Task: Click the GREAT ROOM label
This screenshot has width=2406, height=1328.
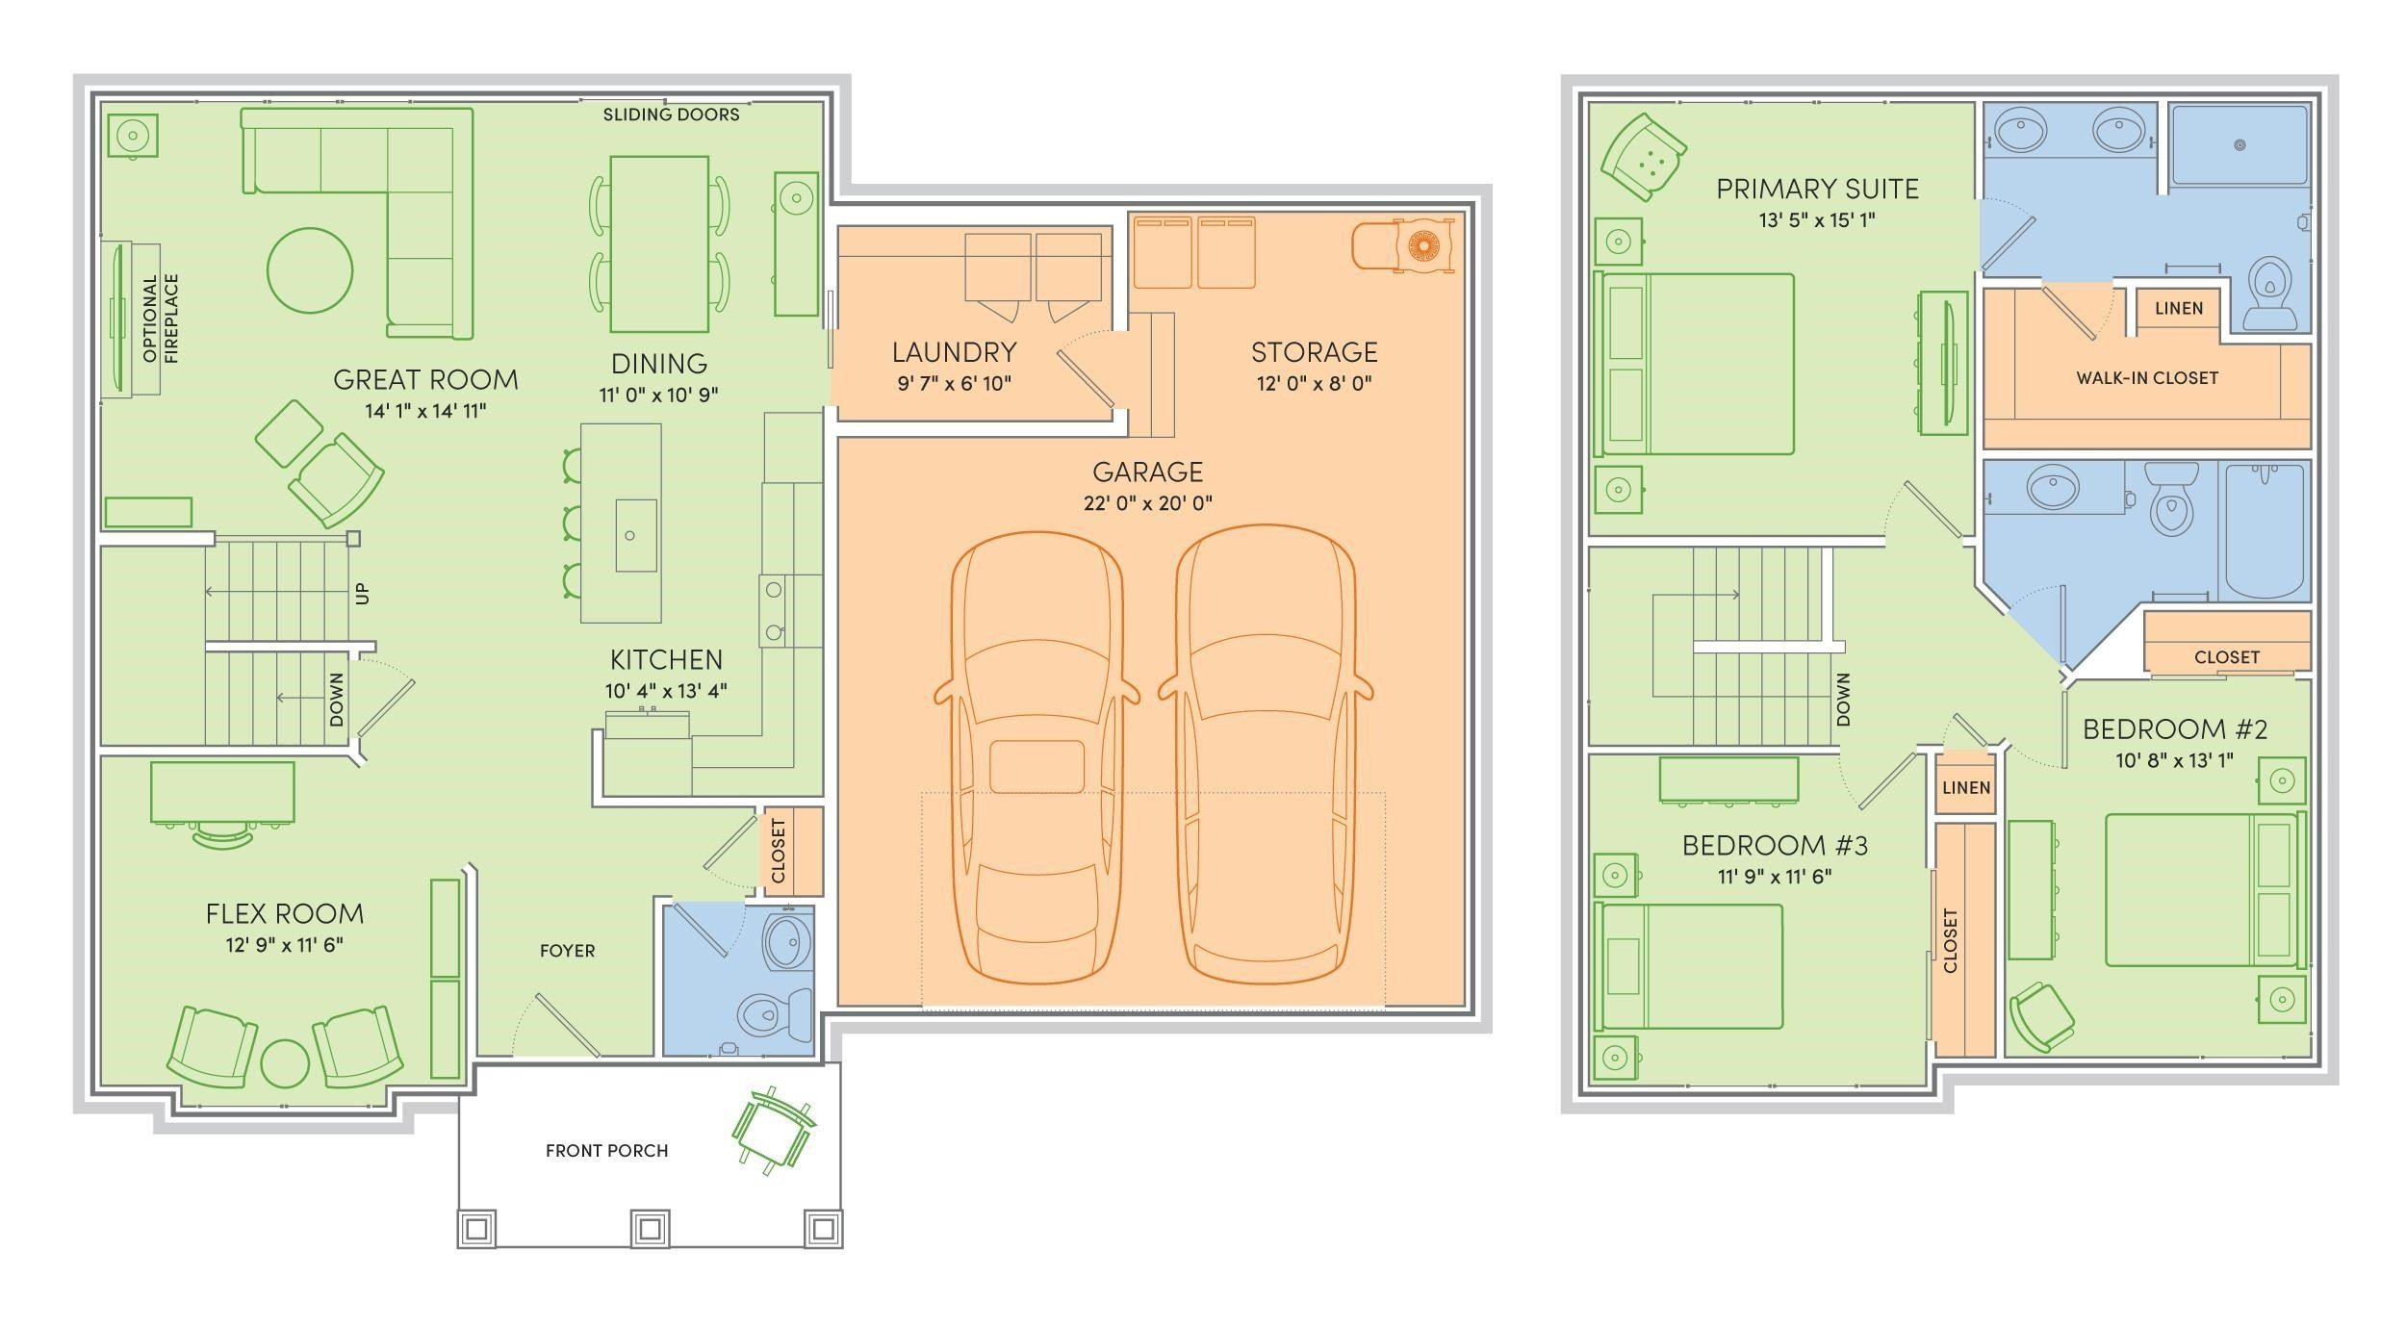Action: click(x=425, y=380)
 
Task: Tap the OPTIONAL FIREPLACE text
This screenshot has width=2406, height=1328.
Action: click(x=161, y=319)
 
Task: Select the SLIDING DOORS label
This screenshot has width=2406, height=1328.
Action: click(x=671, y=115)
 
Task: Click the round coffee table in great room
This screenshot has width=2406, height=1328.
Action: click(x=309, y=270)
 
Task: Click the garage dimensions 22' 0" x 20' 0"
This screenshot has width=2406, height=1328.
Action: click(x=1147, y=503)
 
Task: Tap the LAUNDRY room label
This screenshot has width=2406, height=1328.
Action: click(x=954, y=352)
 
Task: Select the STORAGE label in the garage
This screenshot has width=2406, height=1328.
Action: click(x=1314, y=352)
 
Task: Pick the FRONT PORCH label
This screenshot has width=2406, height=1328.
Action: click(x=606, y=1151)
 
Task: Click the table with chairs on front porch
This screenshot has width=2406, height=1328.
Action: click(x=772, y=1132)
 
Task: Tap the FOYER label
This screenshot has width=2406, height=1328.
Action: click(x=567, y=951)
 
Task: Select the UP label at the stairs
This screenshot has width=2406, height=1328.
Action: click(x=362, y=593)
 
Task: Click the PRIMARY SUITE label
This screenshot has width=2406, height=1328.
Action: click(x=1817, y=189)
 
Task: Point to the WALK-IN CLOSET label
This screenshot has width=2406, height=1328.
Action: click(x=2146, y=378)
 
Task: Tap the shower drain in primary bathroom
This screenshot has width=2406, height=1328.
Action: click(x=2239, y=145)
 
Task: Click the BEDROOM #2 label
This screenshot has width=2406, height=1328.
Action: click(x=2174, y=729)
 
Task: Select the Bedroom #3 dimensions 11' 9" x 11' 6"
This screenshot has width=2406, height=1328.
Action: click(x=1775, y=877)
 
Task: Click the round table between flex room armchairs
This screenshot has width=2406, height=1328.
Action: click(x=285, y=1063)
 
